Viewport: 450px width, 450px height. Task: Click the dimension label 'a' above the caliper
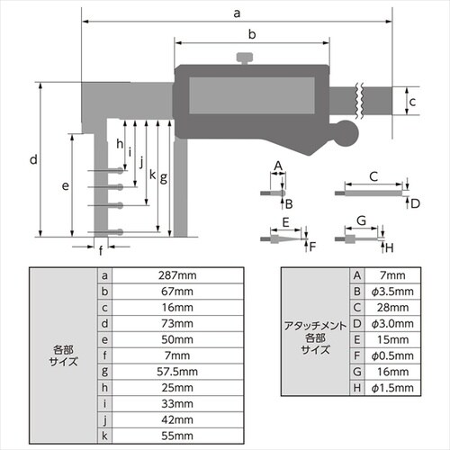click(x=237, y=13)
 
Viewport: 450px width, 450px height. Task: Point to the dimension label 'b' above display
click(x=253, y=34)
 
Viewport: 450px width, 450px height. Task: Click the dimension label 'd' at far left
click(x=31, y=159)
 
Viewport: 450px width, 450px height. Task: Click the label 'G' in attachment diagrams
click(x=360, y=220)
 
